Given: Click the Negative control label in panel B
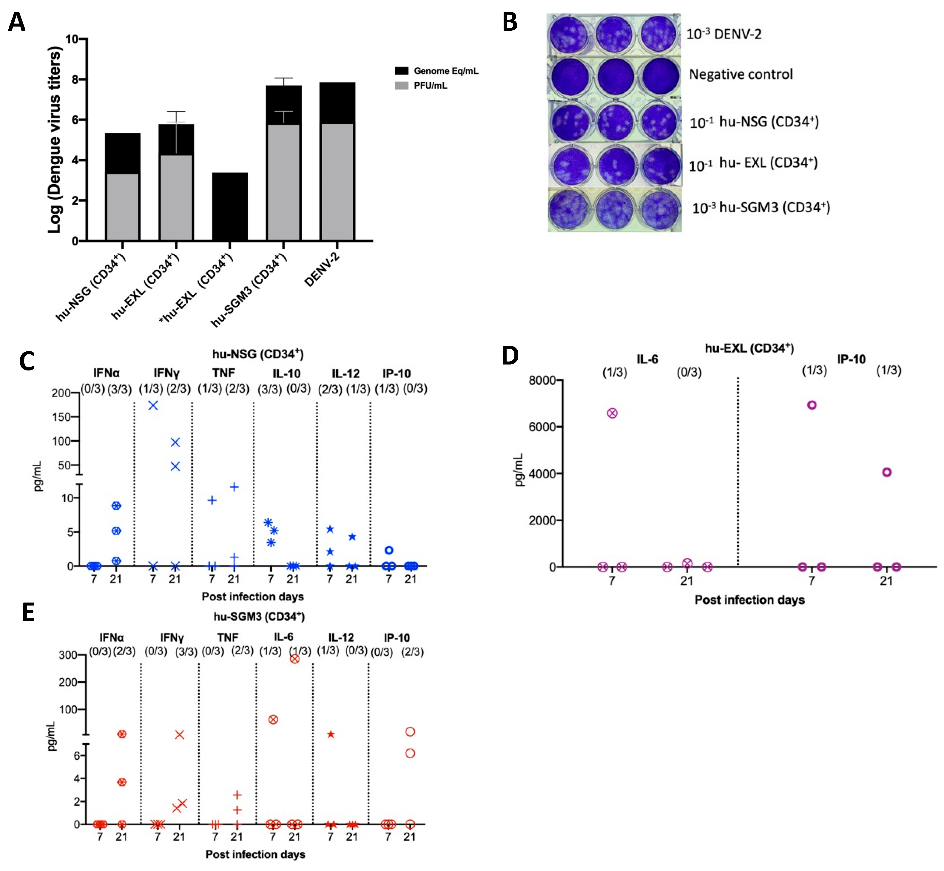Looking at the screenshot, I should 740,75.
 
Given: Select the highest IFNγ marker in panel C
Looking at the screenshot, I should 153,405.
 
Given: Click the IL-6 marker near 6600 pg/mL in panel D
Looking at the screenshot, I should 612,413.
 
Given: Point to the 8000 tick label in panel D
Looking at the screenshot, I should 542,380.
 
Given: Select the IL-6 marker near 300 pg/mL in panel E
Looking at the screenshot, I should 295,659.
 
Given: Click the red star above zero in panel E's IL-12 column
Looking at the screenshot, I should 331,734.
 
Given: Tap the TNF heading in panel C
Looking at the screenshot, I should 223,373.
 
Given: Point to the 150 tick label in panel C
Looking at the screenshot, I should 61,417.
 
